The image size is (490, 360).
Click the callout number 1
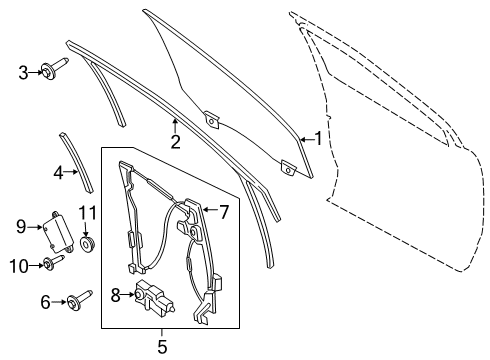tap(318, 139)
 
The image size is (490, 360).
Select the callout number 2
tap(175, 142)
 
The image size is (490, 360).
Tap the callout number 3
tap(24, 72)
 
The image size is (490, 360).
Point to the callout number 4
tap(60, 172)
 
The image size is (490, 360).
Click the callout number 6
tap(46, 301)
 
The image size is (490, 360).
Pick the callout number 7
tap(224, 211)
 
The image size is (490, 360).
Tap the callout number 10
tap(19, 265)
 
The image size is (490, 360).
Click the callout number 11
tap(87, 212)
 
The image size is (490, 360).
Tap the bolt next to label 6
tap(77, 300)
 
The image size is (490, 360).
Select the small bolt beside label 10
tap(49, 264)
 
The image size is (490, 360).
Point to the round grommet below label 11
tap(88, 243)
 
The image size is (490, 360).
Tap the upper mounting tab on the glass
tap(212, 120)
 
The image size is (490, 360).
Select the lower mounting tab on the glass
tap(288, 169)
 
